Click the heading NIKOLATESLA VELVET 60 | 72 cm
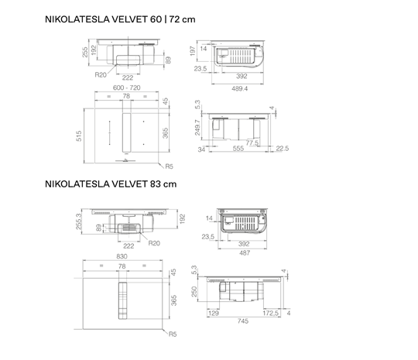(120, 19)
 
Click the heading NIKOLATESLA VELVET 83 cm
(111, 184)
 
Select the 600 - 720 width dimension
(127, 87)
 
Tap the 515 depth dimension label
(79, 136)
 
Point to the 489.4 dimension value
(239, 88)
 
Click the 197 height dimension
(193, 50)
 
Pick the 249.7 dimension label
(197, 128)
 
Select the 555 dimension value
(238, 149)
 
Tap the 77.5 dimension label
(252, 143)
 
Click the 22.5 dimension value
(282, 148)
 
